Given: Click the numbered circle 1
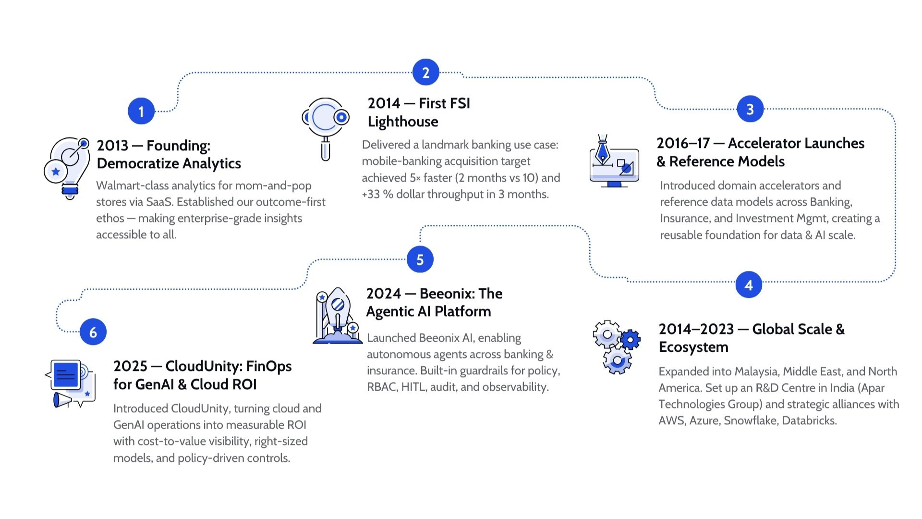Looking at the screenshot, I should (x=141, y=111).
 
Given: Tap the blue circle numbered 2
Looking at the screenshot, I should (x=425, y=73).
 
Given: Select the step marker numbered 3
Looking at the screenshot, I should (x=750, y=110).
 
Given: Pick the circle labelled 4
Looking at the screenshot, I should (x=749, y=285).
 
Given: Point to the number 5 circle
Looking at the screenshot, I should (x=420, y=259).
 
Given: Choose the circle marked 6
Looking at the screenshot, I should (x=93, y=332).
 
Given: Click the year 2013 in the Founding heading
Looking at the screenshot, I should (x=112, y=145).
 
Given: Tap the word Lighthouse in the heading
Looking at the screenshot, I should (x=402, y=122).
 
